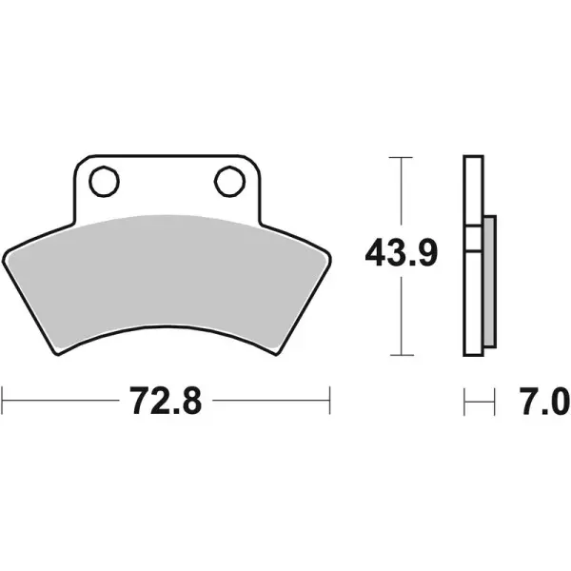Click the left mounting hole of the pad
106,180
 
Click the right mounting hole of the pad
226,180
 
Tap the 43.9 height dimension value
402,255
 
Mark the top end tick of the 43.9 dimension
402,156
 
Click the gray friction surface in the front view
167,276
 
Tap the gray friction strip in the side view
489,281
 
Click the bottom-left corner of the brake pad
59,355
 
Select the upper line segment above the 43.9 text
402,195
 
